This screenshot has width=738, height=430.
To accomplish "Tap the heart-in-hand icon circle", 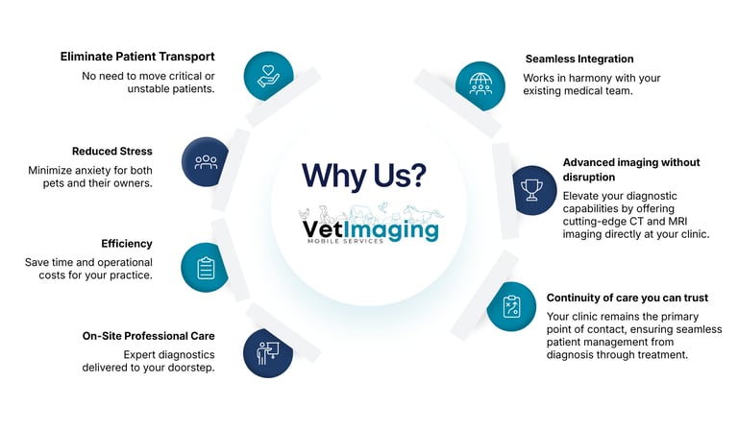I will coord(268,75).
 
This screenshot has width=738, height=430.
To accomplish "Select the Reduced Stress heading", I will coord(112,152).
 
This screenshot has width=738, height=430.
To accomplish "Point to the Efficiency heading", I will coord(127,244).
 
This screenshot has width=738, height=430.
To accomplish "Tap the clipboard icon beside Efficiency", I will coord(206,267).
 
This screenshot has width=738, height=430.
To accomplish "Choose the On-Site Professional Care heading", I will coord(149,336).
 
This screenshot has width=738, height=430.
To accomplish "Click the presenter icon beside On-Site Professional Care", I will coord(268,353).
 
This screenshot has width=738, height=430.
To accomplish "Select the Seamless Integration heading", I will coord(579,59).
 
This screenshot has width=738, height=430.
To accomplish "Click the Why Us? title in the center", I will coord(364,175).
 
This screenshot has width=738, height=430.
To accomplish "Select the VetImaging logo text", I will coord(370,229).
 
